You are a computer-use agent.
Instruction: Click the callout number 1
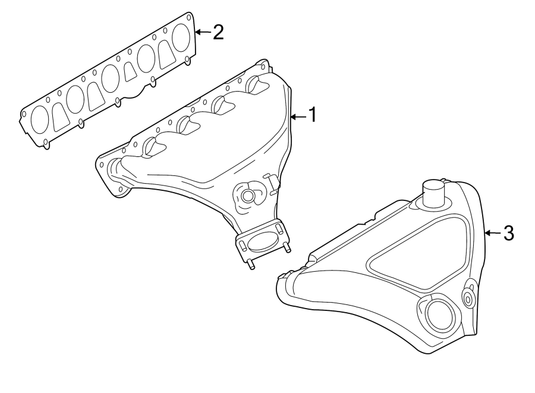point(311,115)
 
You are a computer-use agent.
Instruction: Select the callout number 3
point(508,233)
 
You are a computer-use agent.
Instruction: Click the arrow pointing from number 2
point(203,32)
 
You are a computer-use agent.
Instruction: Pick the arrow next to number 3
point(493,233)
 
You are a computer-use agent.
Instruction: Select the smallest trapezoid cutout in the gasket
point(131,73)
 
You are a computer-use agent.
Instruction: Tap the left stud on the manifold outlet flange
point(251,265)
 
